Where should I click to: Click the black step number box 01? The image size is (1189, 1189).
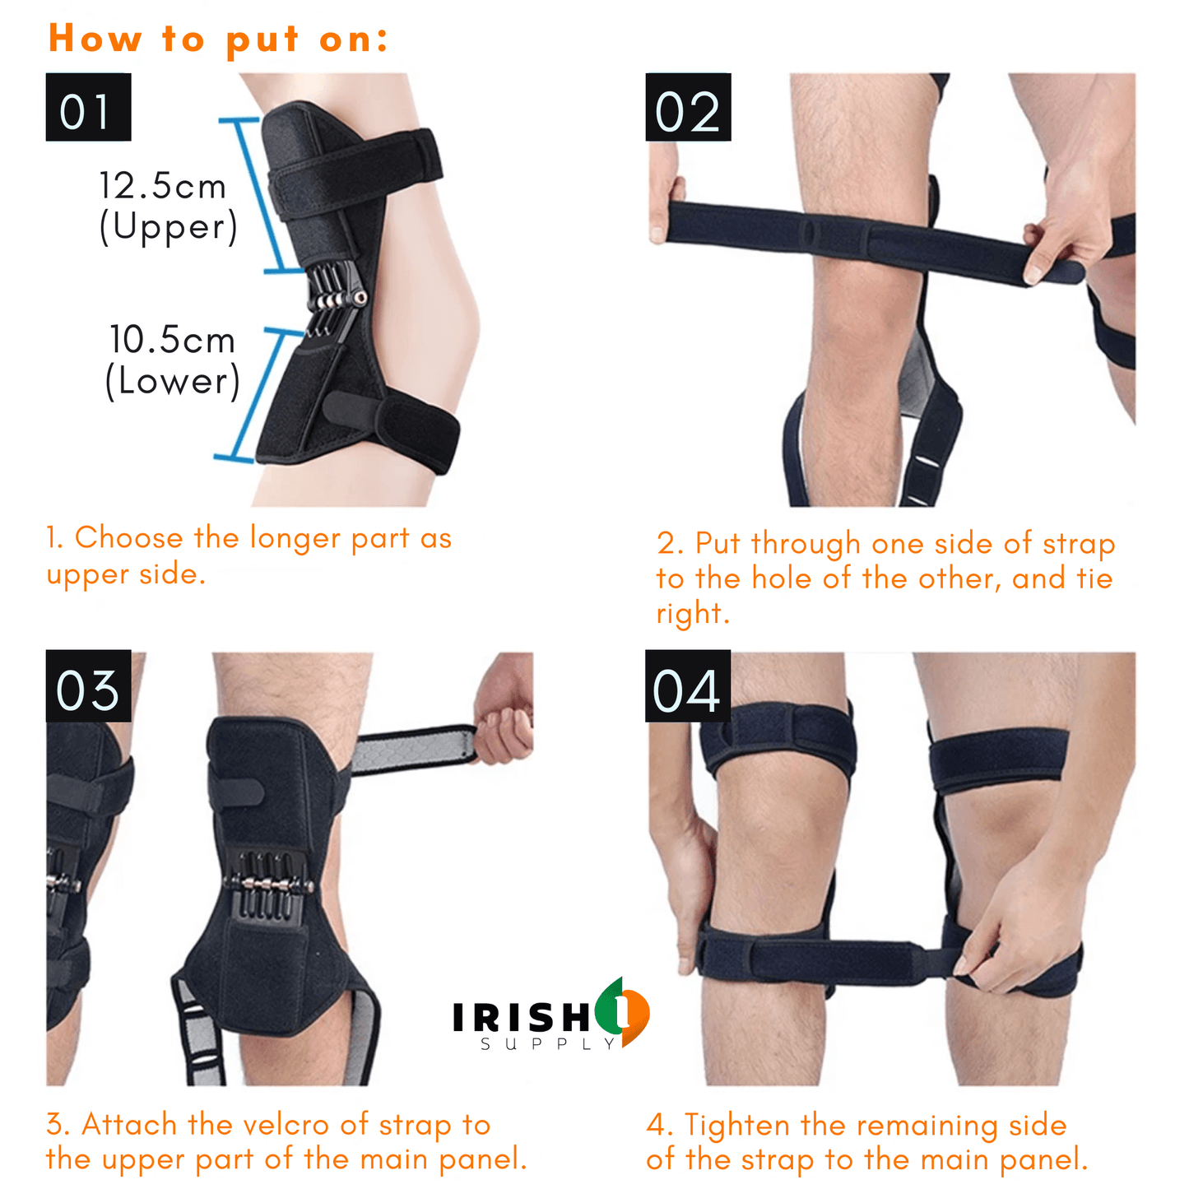(88, 107)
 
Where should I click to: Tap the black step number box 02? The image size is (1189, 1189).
(688, 107)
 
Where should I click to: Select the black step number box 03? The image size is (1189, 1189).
(88, 685)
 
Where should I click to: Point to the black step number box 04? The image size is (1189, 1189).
(687, 685)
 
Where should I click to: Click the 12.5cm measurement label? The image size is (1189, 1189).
(163, 186)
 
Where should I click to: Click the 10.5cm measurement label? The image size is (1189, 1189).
(172, 339)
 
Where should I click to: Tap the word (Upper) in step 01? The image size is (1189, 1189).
(169, 227)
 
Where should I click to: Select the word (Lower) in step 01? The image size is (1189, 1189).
(172, 381)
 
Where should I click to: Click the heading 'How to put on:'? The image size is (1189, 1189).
(218, 39)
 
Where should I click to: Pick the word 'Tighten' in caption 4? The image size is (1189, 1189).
(737, 1126)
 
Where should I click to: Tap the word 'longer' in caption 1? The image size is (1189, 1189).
(295, 539)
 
